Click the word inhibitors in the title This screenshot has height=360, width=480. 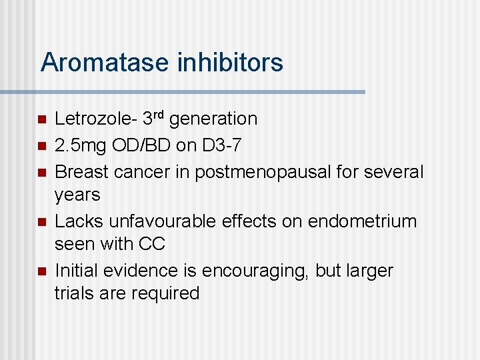click(x=230, y=63)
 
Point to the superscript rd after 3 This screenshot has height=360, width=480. click(x=157, y=115)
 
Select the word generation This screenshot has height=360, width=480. click(x=213, y=120)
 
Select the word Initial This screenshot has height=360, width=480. click(x=75, y=271)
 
